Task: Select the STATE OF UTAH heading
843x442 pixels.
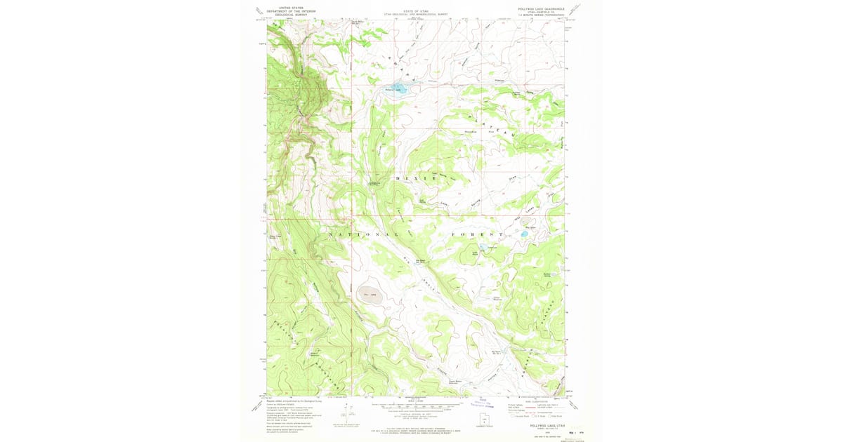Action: tap(415, 9)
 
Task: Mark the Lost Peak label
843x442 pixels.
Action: tap(475, 253)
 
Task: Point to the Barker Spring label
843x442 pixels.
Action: tap(549, 274)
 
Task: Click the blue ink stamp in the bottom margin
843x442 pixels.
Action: tap(479, 402)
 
